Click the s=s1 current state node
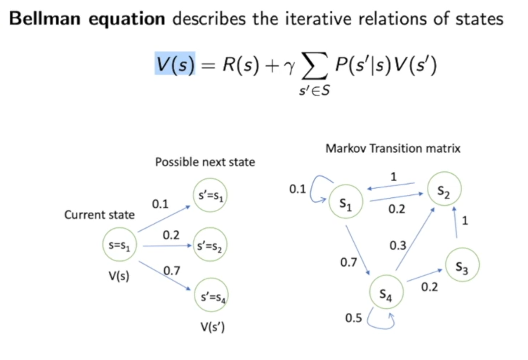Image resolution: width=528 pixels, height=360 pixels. tap(120, 246)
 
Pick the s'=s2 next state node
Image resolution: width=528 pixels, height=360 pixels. tap(210, 246)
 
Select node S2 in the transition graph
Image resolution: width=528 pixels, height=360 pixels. tap(444, 191)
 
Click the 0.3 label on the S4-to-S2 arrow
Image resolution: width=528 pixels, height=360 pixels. tap(398, 246)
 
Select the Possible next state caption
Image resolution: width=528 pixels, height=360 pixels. tap(205, 162)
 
